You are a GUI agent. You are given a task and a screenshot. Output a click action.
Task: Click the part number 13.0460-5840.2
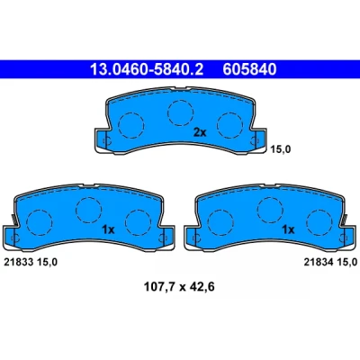click(147, 69)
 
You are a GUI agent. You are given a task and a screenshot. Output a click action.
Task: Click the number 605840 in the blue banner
click(249, 69)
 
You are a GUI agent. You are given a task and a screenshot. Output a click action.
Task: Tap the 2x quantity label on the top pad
click(200, 132)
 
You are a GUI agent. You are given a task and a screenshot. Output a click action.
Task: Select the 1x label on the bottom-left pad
click(108, 229)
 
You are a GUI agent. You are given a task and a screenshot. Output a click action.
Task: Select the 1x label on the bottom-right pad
click(288, 229)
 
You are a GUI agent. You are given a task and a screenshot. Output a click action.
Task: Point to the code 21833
click(18, 262)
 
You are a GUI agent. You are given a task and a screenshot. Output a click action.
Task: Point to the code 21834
click(319, 262)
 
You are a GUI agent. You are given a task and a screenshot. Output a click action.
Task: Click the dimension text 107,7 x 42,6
click(179, 287)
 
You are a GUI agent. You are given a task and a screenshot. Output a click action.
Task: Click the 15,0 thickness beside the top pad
click(281, 149)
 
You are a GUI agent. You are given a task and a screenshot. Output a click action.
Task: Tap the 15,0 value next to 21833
click(47, 262)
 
